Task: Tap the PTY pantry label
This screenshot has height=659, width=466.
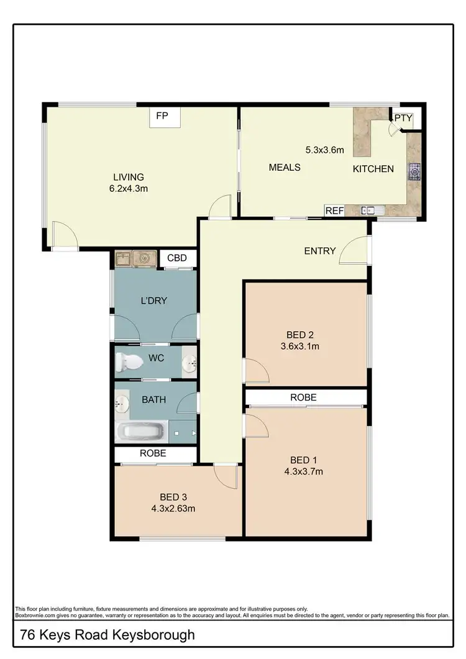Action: [x=403, y=118]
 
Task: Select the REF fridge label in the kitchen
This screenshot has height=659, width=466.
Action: [x=334, y=211]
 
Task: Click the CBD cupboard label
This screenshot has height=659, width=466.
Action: [x=178, y=258]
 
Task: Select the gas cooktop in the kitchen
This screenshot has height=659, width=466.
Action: [x=414, y=171]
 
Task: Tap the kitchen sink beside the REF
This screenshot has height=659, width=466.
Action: [x=373, y=211]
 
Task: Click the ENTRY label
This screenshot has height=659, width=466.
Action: [x=320, y=251]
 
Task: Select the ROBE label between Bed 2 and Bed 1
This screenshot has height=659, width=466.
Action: [x=304, y=397]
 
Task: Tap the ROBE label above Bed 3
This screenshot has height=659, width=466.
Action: [x=153, y=453]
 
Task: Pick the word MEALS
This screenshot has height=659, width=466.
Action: [x=285, y=167]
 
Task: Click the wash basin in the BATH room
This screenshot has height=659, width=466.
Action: [x=121, y=405]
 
